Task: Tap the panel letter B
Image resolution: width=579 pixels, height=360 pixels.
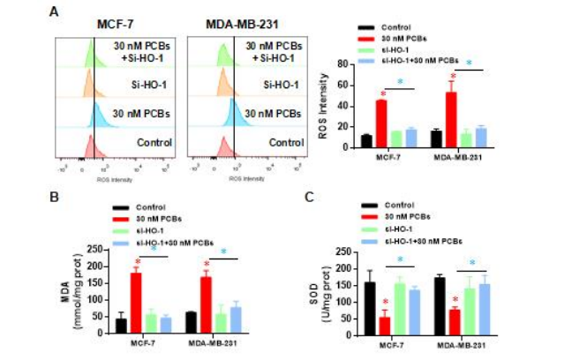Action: tap(56, 195)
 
